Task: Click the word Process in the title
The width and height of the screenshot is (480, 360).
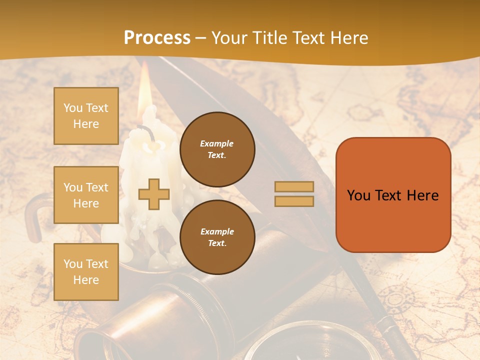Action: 157,38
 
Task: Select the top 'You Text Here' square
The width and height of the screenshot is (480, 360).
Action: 86,116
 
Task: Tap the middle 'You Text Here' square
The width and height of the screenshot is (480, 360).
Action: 86,195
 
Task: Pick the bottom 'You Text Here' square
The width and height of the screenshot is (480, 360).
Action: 86,272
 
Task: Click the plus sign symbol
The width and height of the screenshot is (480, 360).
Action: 153,194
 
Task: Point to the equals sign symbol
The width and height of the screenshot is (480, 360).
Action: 294,194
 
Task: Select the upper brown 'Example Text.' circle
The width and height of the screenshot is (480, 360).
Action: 217,149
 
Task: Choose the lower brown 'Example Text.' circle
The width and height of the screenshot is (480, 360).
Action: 217,237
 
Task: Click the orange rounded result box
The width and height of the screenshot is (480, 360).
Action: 393,195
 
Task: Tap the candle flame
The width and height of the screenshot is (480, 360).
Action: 144,92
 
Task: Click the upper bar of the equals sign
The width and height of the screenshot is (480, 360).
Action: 294,187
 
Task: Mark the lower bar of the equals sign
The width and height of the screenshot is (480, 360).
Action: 294,201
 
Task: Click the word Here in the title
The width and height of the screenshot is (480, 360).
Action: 348,38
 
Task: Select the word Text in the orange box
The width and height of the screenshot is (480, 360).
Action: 389,195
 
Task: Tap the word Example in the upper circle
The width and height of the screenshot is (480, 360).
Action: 217,143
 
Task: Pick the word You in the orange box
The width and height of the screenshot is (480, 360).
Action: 359,195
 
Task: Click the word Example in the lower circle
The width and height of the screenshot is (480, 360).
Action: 217,231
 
